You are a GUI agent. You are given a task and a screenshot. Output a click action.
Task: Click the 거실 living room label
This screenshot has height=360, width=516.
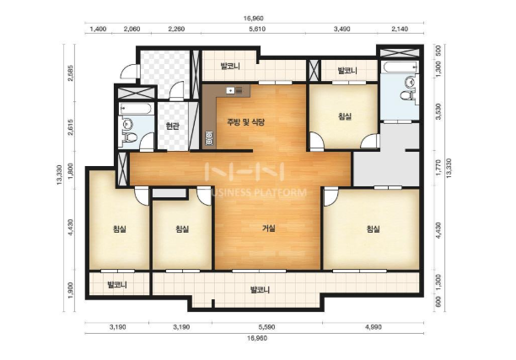click(268, 228)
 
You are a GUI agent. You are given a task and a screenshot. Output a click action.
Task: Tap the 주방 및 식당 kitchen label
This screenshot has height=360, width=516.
click(245, 122)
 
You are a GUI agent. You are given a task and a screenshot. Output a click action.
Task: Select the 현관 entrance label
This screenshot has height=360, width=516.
click(173, 126)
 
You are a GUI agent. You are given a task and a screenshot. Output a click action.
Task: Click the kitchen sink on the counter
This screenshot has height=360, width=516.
click(230, 89)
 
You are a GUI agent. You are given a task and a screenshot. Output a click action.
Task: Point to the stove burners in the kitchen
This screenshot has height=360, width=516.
click(209, 138)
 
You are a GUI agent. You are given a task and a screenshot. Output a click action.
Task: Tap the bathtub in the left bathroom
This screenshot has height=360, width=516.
click(135, 109)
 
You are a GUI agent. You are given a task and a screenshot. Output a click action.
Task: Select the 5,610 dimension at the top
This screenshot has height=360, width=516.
click(257, 29)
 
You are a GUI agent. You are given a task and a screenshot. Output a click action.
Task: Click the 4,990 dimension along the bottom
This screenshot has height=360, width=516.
click(374, 327)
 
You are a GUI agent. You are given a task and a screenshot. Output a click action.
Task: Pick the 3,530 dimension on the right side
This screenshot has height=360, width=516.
click(438, 111)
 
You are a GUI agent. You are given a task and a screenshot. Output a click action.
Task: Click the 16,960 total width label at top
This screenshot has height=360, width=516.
click(254, 19)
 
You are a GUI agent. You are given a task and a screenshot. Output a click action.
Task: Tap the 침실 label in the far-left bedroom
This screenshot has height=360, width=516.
click(119, 228)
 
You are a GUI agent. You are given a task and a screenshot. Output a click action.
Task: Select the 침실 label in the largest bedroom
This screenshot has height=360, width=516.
click(374, 228)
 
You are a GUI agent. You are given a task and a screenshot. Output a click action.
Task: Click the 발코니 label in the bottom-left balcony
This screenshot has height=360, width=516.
click(117, 285)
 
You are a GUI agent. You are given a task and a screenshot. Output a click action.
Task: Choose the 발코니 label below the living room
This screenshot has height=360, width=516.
click(260, 290)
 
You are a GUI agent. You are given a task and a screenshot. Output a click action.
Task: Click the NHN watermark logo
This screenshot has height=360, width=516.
click(245, 171)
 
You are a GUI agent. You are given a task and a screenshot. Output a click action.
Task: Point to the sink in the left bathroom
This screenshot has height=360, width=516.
click(126, 124)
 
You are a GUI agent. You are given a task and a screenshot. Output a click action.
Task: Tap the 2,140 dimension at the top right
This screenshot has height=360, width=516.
click(400, 29)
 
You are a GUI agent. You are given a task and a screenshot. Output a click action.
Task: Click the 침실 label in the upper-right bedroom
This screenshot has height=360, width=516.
click(345, 116)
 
